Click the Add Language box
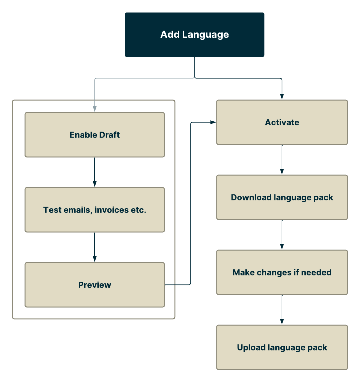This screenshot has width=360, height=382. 195,35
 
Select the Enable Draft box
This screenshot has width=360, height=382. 95,135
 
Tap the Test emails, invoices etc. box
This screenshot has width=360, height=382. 95,210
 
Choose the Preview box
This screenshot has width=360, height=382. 95,285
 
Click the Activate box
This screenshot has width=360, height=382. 282,122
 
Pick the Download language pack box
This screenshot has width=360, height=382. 282,197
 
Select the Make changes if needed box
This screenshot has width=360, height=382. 282,272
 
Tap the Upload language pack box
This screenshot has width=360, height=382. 282,347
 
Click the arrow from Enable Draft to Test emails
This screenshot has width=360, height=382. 95,172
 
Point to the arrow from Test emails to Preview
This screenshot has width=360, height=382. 95,247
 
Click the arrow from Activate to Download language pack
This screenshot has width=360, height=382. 282,159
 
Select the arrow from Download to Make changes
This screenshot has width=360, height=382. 282,234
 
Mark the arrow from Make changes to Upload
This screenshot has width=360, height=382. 282,309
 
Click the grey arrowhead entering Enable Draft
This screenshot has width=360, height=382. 95,109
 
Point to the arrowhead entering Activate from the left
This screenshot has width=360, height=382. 214,122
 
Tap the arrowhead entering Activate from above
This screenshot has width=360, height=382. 282,97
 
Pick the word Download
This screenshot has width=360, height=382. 251,197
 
